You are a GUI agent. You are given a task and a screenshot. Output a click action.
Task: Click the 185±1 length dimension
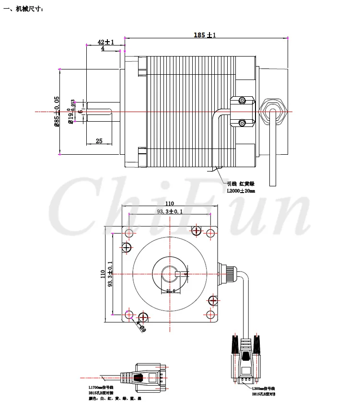pyautogui.click(x=205, y=34)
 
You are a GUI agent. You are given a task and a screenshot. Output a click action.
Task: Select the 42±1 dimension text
pyautogui.click(x=105, y=42)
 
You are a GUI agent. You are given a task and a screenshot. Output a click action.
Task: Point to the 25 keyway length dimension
pyautogui.click(x=99, y=141)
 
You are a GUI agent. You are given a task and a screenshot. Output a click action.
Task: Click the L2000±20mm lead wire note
pyautogui.click(x=241, y=191)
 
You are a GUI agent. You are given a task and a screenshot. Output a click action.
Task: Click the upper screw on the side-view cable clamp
pyautogui.click(x=242, y=101)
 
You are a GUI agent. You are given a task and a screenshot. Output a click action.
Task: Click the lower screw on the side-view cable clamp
pyautogui.click(x=242, y=123)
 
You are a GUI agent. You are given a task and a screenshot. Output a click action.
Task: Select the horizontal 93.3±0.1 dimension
pyautogui.click(x=170, y=212)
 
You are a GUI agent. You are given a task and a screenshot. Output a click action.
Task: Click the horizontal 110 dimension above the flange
pyautogui.click(x=169, y=204)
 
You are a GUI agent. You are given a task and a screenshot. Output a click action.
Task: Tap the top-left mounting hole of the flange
pyautogui.click(x=129, y=233)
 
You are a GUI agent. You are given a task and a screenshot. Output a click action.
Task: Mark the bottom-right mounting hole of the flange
pyautogui.click(x=209, y=314)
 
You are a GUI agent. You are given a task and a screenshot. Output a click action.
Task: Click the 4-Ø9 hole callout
pyautogui.click(x=140, y=327)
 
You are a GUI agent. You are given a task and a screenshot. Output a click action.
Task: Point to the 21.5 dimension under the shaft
pyautogui.click(x=170, y=290)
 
